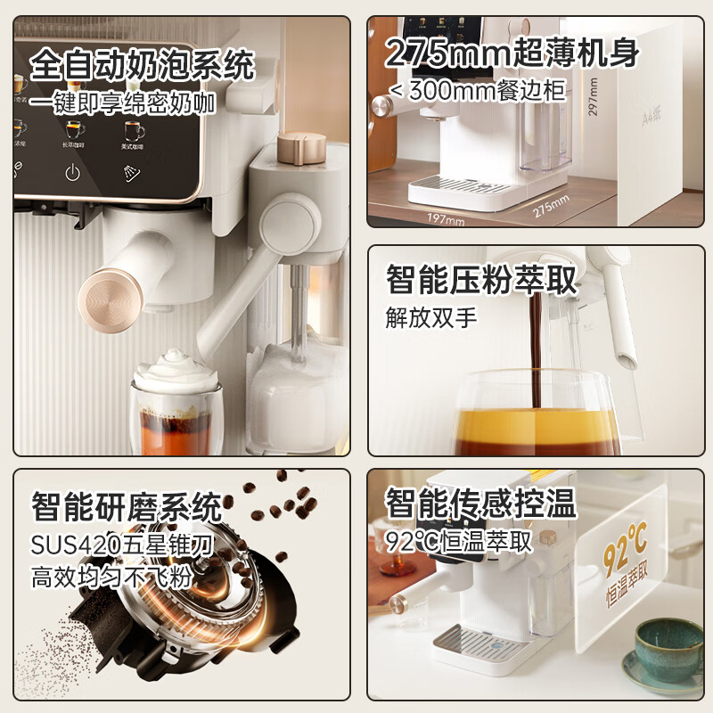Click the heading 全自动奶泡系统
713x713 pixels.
click(x=143, y=65)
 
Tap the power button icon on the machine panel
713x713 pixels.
click(x=72, y=173)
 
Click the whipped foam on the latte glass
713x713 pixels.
click(x=175, y=367)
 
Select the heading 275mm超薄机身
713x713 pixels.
click(x=512, y=54)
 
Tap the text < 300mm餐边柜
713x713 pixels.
click(x=478, y=90)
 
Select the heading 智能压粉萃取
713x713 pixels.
click(x=481, y=280)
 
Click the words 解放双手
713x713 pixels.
click(x=419, y=317)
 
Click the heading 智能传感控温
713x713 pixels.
click(x=481, y=504)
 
